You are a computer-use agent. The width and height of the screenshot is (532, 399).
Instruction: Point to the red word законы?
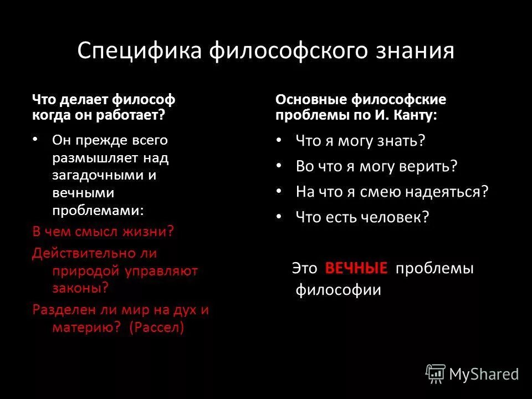tap(80, 287)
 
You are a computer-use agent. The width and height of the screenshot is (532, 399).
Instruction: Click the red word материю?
tap(86, 327)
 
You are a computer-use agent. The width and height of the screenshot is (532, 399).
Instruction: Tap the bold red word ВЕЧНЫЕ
tap(356, 268)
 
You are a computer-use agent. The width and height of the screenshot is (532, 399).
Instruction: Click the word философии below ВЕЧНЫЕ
tap(338, 290)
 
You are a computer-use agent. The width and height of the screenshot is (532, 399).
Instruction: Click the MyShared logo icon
tap(436, 374)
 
